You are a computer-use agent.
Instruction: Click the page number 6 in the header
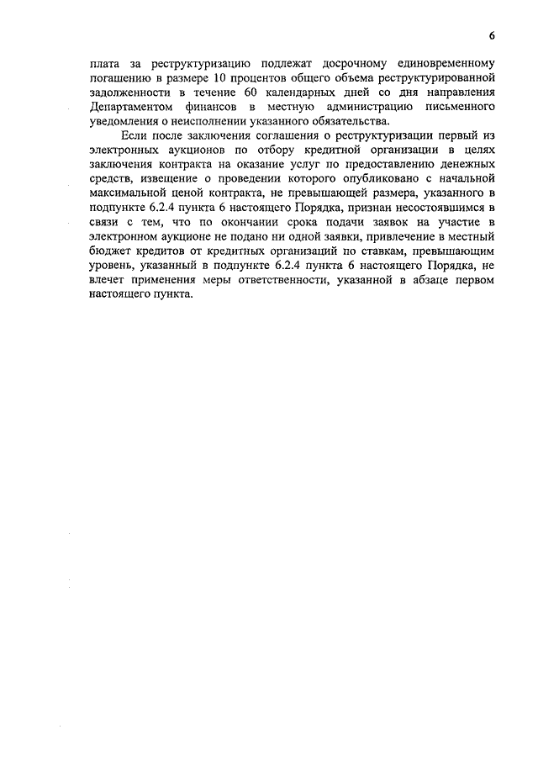point(491,35)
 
